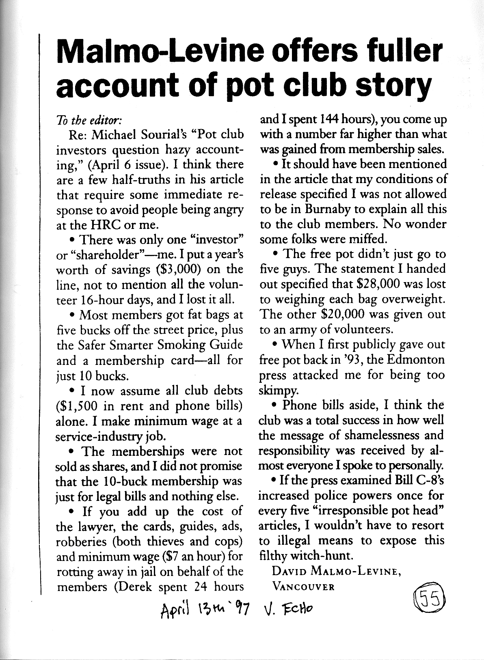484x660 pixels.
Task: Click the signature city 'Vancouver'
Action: [x=304, y=587]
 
